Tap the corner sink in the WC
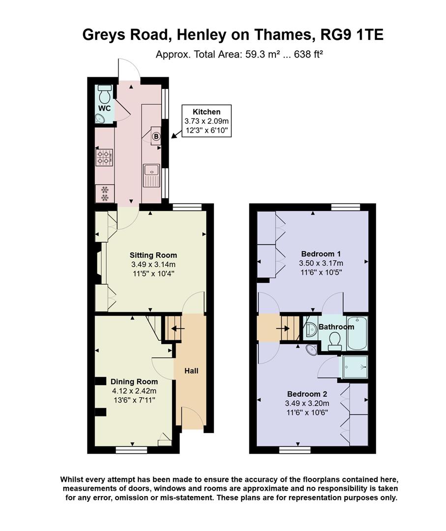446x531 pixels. pos(100,118)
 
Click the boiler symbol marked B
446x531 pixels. pos(156,137)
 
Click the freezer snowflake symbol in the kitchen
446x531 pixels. pos(104,193)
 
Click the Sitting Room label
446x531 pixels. pos(153,255)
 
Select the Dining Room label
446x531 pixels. pos(134,382)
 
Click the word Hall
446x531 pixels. pos(191,370)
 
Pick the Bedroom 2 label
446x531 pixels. pos(307,394)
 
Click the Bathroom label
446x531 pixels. pos(336,327)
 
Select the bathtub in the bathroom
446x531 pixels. pos(357,332)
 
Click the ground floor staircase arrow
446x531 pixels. pos(176,328)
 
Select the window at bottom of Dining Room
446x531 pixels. pos(131,449)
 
